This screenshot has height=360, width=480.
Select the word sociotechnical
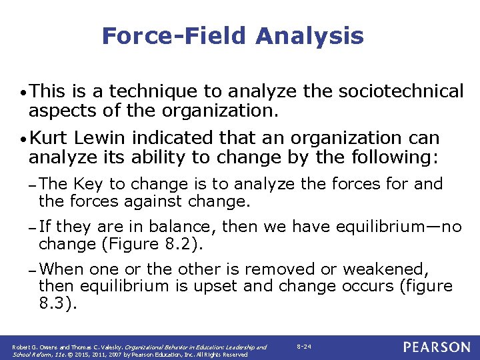pos(403,91)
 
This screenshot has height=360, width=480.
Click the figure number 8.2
pos(181,243)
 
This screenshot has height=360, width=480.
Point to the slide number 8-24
pos(303,347)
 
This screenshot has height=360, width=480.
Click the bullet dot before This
pos(23,92)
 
